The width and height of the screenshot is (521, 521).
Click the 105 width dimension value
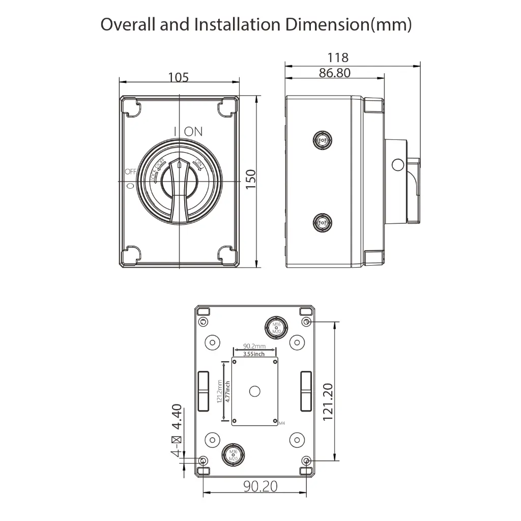coord(179,77)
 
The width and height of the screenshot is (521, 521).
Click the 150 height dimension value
coord(250,180)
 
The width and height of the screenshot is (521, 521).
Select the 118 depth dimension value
coord(338,58)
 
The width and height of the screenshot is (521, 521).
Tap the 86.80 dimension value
coord(334,73)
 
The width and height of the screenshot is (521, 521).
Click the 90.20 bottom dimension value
coord(260,486)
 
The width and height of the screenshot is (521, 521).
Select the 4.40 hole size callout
coord(176,417)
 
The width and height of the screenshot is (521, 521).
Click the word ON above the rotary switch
coord(193,131)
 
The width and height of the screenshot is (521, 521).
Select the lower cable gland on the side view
coord(322,222)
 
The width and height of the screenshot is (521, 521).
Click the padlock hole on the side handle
coord(397,164)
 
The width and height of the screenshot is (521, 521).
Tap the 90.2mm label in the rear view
coord(254,346)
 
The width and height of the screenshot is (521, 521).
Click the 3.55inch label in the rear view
coord(254,354)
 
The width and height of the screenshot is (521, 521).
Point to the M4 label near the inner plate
coord(283,423)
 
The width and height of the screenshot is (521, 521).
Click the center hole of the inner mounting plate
coord(255,391)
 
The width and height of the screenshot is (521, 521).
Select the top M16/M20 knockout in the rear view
coord(276,328)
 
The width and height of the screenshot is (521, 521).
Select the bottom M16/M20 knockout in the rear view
coord(234,454)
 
